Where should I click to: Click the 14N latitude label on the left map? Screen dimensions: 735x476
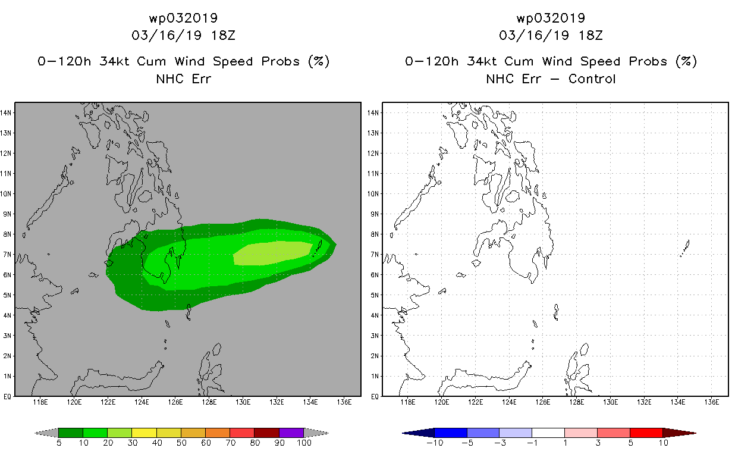[x=5, y=113]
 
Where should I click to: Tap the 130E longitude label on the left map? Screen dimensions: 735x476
[x=243, y=402]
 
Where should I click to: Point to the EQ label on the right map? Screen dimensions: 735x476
[x=375, y=396]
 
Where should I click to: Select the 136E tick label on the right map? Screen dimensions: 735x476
[x=711, y=402]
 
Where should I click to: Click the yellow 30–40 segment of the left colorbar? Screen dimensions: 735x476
[x=145, y=433]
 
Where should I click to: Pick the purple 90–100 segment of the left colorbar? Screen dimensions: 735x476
[x=291, y=433]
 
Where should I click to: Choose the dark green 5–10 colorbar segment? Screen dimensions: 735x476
[x=71, y=433]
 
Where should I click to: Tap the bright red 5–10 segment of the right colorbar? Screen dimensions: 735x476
[x=646, y=433]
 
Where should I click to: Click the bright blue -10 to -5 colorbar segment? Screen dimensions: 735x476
[x=451, y=433]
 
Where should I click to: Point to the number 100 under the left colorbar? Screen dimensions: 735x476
[x=304, y=443]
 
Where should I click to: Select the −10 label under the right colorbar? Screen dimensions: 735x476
[x=435, y=443]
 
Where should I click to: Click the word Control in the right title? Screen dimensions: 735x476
[x=592, y=79]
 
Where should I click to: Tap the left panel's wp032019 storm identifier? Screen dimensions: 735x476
[x=183, y=18]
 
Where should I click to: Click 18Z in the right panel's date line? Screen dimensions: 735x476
[x=590, y=36]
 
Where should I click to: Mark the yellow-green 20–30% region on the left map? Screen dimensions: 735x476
[x=273, y=253]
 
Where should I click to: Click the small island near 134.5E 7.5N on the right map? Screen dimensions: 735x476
[x=685, y=248]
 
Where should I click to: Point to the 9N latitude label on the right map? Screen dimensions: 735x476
[x=373, y=214]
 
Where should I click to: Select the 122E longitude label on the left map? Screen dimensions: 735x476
[x=108, y=402]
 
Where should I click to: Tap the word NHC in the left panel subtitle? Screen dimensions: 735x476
[x=169, y=79]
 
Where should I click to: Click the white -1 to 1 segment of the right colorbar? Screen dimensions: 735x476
[x=548, y=433]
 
